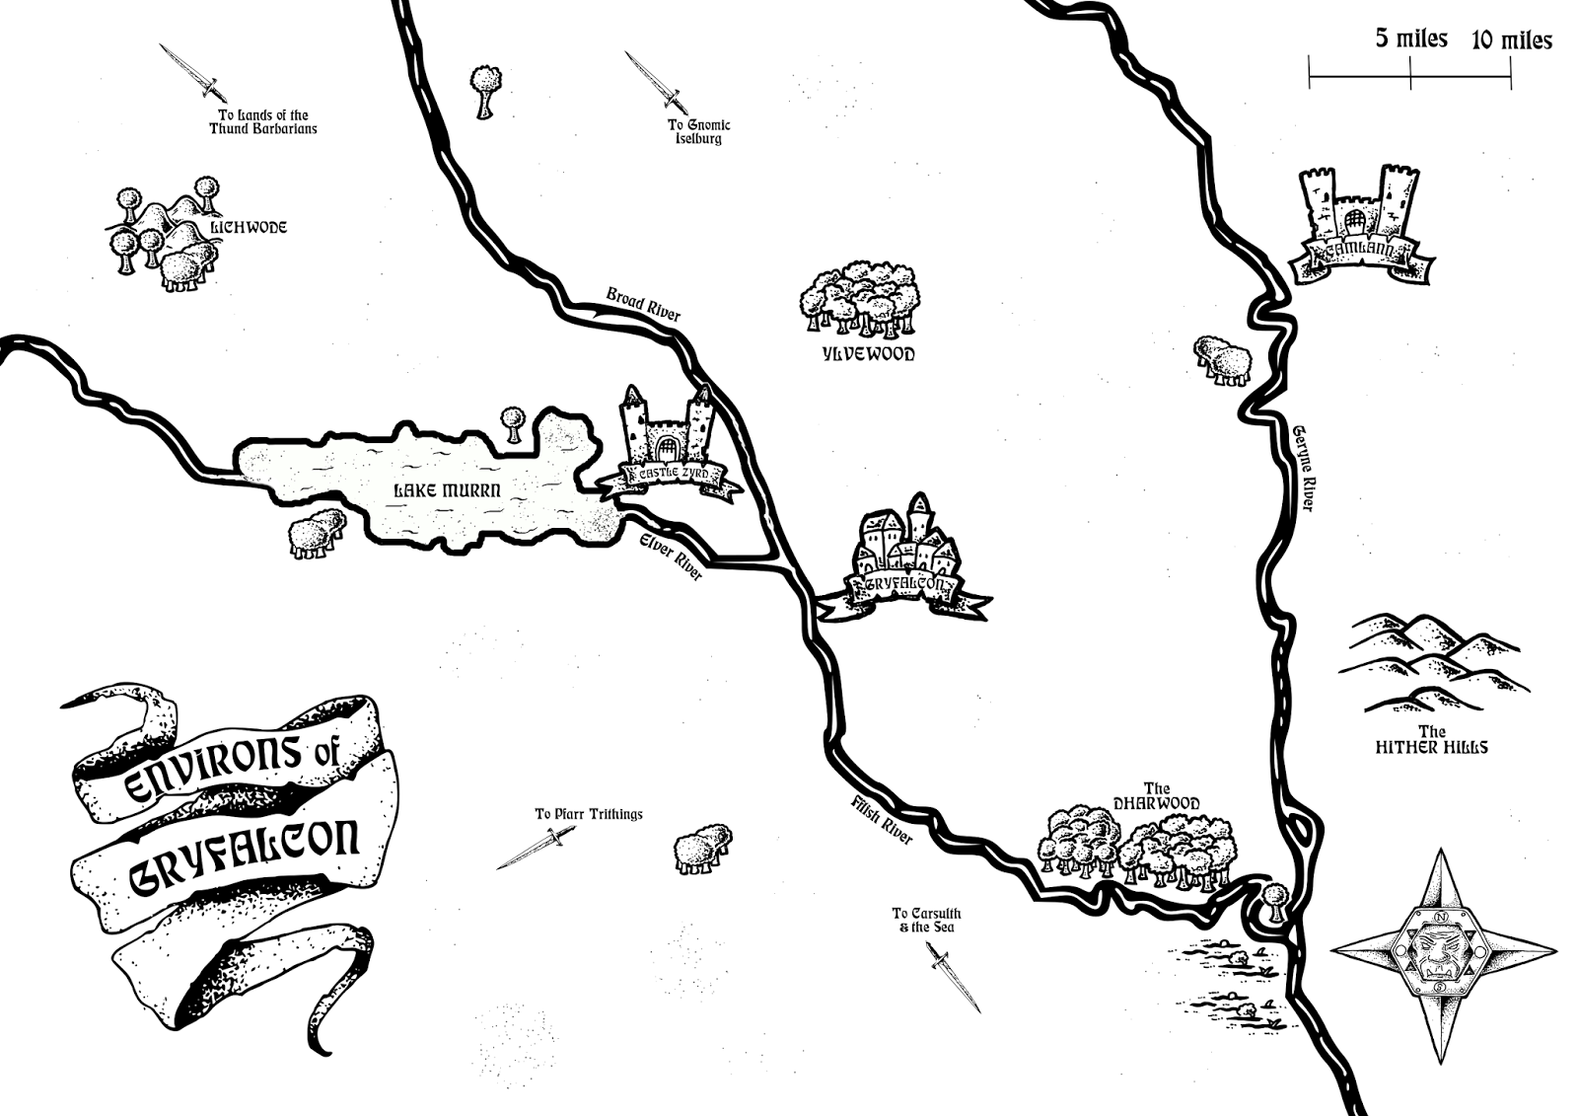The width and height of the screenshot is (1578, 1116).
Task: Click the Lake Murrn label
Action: (x=448, y=490)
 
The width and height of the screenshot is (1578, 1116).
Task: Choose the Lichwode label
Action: (x=249, y=228)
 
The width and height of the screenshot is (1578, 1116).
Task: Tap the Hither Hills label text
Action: (x=1431, y=747)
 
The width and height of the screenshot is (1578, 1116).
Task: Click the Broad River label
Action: (x=643, y=305)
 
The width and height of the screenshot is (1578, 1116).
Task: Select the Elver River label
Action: (x=671, y=556)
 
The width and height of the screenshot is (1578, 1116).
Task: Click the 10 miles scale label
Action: (x=1511, y=40)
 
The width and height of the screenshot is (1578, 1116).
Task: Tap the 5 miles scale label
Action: (x=1411, y=38)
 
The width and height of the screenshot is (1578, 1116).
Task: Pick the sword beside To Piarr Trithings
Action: (x=535, y=849)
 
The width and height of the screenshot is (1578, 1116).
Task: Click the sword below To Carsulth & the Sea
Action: (x=954, y=977)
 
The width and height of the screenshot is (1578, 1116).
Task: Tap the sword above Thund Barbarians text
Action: (x=193, y=71)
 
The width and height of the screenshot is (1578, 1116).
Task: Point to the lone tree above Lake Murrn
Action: (x=511, y=422)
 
